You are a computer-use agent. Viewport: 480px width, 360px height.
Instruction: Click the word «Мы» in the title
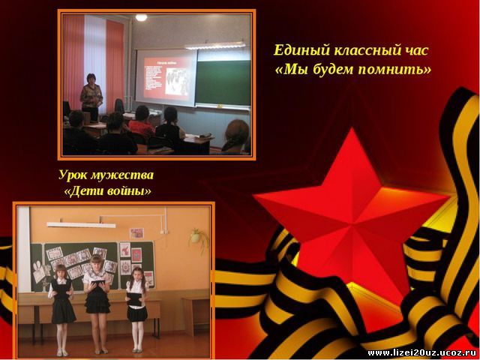[292, 70]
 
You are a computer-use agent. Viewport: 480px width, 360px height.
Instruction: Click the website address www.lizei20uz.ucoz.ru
[422, 353]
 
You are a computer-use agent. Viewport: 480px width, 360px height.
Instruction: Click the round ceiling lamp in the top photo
[141, 17]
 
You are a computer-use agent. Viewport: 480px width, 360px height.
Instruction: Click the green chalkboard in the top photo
[223, 82]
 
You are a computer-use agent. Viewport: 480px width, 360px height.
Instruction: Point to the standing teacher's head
[91, 79]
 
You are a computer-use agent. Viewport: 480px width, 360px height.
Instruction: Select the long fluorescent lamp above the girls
[81, 225]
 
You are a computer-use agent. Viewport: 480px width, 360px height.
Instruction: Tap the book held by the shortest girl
[134, 299]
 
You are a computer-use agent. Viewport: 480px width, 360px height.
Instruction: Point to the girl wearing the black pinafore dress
[62, 310]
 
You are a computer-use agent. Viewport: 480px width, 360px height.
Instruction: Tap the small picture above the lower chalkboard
[136, 233]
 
